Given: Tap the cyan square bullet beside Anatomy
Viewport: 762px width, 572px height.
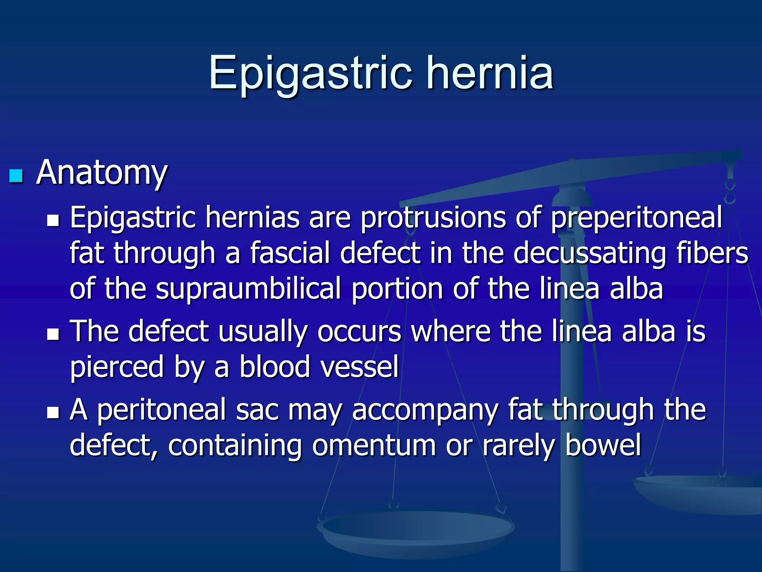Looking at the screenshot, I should click(x=16, y=176).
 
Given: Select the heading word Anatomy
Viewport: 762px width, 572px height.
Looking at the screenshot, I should click(x=102, y=173).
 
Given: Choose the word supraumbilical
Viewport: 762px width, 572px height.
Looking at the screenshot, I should click(x=248, y=289).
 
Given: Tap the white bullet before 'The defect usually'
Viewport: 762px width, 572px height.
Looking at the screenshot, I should click(x=53, y=334).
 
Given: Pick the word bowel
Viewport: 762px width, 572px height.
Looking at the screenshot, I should click(x=603, y=445).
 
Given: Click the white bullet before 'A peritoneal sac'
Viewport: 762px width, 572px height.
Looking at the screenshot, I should click(x=53, y=412).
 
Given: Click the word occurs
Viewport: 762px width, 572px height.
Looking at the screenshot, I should click(x=359, y=331).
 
